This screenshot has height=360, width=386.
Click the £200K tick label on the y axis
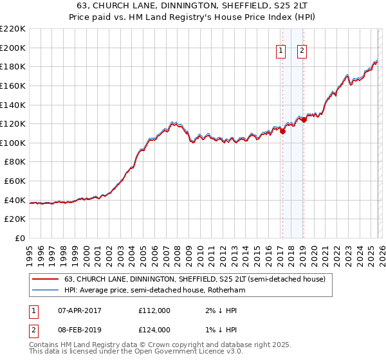click(13, 48)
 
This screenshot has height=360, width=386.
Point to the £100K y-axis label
click(13, 143)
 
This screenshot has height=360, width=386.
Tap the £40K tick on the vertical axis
click(15, 200)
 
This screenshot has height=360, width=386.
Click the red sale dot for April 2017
click(282, 131)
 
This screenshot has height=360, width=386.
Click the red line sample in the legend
click(45, 280)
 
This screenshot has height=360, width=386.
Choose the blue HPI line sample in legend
click(45, 291)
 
